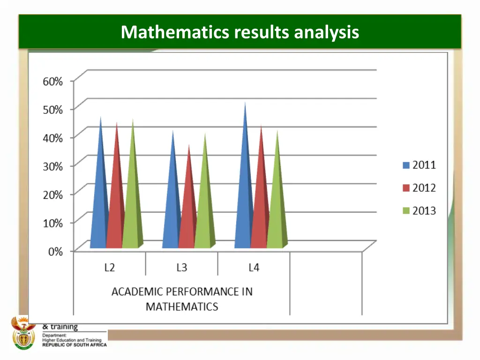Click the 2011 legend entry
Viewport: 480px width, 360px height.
(x=419, y=165)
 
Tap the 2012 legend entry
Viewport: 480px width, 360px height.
(x=419, y=188)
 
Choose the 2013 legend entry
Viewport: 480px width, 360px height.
(x=419, y=211)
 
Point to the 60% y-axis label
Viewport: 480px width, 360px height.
(x=52, y=81)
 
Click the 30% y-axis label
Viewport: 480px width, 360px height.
(x=52, y=166)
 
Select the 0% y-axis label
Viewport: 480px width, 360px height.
(x=55, y=251)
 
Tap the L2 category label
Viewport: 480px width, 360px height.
(x=109, y=268)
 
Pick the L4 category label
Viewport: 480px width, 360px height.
(x=254, y=268)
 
